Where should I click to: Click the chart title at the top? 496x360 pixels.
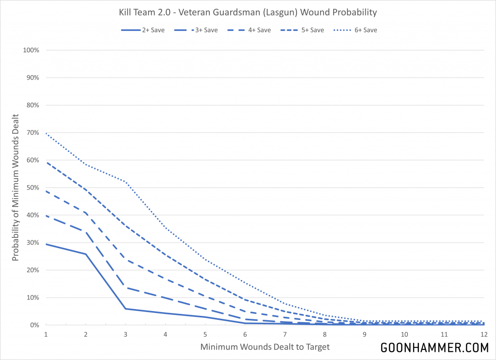click(248, 12)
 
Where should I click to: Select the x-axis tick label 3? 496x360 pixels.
click(125, 334)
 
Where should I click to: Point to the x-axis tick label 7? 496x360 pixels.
click(285, 334)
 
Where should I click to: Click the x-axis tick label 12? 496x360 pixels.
click(483, 334)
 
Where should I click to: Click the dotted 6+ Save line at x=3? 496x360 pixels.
click(125, 182)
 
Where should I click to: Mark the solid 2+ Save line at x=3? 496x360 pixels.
click(125, 309)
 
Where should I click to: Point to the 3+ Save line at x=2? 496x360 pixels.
click(86, 232)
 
